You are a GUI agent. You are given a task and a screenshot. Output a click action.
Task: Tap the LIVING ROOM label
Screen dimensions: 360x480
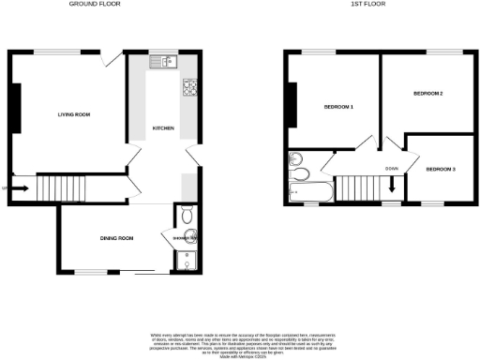pos(73,114)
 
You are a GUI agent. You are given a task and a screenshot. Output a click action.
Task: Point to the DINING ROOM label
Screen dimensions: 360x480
pos(116,239)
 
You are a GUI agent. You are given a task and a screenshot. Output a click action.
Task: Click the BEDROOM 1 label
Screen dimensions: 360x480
pos(338,108)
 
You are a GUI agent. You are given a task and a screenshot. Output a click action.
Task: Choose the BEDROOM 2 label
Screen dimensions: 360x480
pos(428,94)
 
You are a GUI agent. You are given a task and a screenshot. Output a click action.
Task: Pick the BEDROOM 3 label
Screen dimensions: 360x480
pos(441,169)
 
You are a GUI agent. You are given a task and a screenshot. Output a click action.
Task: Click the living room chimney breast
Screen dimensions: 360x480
pos(15,108)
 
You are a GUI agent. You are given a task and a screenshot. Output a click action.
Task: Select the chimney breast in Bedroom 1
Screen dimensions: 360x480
pos(292,108)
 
